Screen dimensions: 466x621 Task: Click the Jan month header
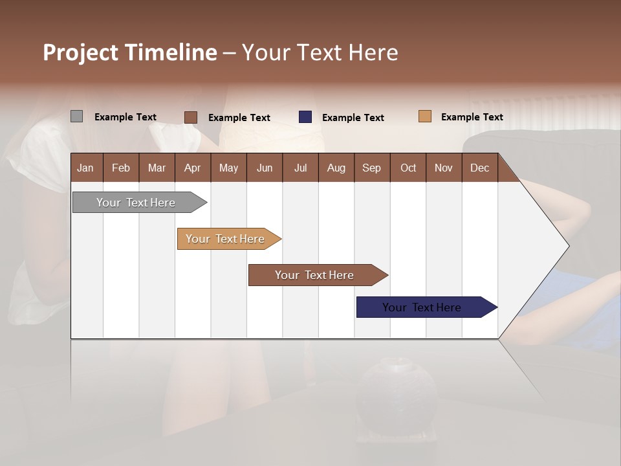pos(85,168)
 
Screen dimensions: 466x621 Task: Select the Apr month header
pos(192,168)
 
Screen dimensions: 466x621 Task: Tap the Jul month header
pos(300,168)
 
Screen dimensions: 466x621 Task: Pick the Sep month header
pos(371,168)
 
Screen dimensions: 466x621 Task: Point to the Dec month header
pos(479,168)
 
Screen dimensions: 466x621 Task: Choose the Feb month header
pos(121,168)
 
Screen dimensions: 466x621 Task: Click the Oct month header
pos(408,168)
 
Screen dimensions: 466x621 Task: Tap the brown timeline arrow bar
pos(315,275)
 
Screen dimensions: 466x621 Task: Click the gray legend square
pos(77,116)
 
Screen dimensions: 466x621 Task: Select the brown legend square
pos(191,117)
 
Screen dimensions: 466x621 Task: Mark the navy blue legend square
pos(305,117)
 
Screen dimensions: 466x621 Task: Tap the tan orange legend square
pos(425,116)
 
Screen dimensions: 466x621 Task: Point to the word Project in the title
pos(81,52)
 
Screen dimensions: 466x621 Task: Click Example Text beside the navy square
pos(353,118)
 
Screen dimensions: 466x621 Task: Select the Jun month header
pos(265,168)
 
